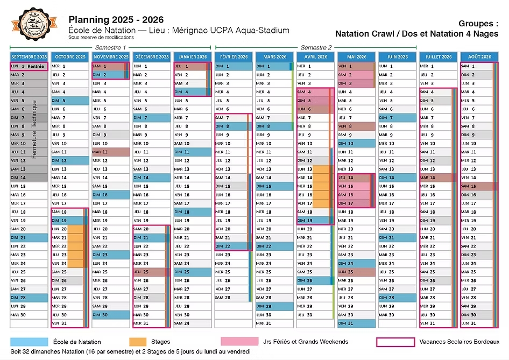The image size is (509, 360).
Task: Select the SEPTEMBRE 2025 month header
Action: point(29,57)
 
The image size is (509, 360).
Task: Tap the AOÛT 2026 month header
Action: point(479,57)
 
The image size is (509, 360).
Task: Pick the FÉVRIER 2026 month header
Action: point(234,57)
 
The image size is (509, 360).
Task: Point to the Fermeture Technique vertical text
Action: point(34,129)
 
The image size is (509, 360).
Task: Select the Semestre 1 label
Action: point(110,48)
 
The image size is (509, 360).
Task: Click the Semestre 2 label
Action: point(316,48)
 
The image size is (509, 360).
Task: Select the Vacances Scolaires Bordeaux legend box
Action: point(395,342)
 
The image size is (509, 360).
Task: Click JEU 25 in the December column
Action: point(152,272)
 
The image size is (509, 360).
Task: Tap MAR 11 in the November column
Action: point(110,152)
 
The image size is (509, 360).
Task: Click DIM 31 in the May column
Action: point(356,323)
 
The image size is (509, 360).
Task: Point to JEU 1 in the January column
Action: point(193,66)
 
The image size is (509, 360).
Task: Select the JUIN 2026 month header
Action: point(397,57)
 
